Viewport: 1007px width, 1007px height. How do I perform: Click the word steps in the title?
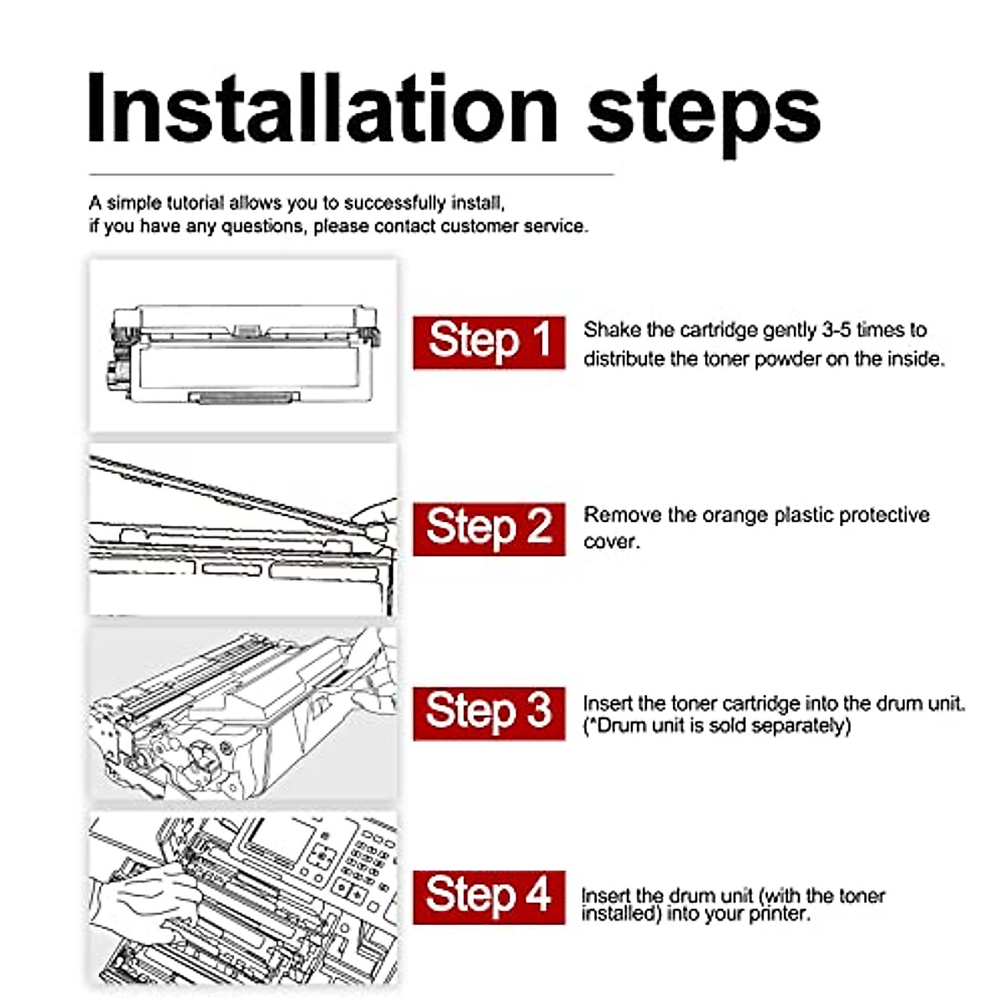pos(703,115)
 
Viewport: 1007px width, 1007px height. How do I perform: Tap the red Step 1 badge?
pos(488,343)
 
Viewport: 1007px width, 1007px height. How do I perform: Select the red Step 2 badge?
pos(488,529)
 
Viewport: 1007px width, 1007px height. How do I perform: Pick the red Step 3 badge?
pos(488,714)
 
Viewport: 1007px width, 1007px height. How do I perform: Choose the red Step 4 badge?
pos(488,898)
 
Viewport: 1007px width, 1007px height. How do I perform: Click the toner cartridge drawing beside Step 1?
pos(243,355)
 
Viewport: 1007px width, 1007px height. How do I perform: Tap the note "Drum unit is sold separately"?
pos(717,725)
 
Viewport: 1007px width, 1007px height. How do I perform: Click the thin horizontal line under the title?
pos(351,175)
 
